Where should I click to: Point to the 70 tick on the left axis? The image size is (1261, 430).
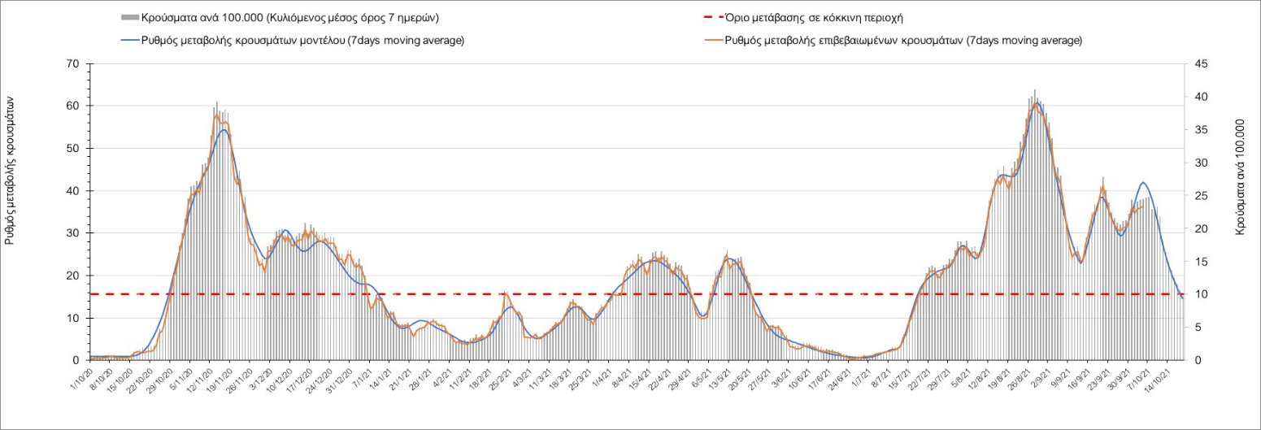coord(73,63)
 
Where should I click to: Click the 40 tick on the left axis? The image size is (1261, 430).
coord(73,191)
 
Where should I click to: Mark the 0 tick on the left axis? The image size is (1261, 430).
coord(76,360)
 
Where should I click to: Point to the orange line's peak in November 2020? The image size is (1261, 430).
coord(217,115)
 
